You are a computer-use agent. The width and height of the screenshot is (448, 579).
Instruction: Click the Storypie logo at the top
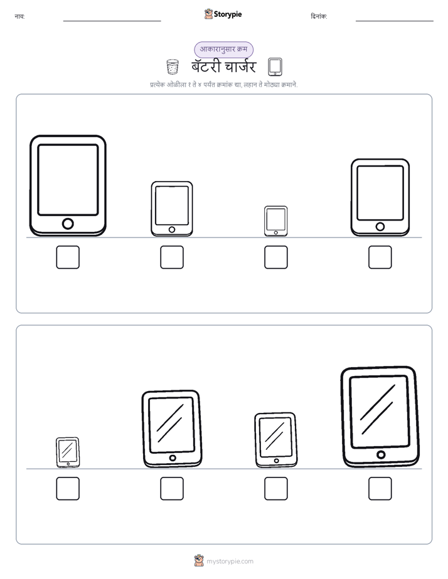(223, 14)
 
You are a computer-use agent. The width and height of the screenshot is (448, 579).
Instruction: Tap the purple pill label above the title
(223, 50)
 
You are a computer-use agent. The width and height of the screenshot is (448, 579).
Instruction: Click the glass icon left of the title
(173, 67)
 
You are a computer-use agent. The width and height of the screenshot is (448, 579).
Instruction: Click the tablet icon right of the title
(275, 67)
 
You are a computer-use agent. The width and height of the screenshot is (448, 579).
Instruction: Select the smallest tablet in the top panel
(275, 221)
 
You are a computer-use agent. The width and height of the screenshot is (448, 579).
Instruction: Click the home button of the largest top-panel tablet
(68, 224)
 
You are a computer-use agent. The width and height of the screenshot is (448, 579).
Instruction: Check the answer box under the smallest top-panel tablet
(275, 257)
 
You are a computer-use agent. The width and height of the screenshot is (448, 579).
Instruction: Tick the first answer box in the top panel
(68, 257)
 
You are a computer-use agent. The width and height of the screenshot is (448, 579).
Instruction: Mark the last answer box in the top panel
(380, 257)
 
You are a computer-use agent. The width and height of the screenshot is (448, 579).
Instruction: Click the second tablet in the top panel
(172, 209)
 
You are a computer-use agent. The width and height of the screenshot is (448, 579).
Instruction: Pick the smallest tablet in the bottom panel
(68, 452)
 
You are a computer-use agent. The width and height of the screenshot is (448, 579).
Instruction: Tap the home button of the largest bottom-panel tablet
(381, 454)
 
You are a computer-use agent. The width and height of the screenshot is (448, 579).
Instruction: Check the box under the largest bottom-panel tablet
(380, 489)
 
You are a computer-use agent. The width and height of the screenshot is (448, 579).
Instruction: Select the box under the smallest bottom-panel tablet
(68, 489)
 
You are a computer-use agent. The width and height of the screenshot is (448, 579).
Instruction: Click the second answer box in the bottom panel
(172, 489)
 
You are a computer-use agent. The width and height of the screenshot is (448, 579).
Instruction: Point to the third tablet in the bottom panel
(275, 440)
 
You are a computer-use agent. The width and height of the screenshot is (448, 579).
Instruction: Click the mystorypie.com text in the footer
(230, 561)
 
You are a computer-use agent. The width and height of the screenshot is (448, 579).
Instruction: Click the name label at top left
(19, 16)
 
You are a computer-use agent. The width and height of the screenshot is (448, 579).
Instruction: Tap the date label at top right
(319, 16)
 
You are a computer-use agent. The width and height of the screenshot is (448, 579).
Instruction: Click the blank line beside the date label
(395, 21)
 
